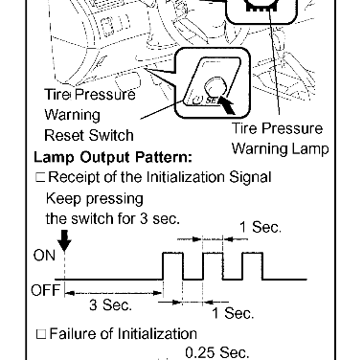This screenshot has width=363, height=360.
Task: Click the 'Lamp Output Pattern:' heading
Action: [113, 157]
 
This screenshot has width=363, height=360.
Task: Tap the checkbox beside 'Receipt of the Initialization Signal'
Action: [40, 177]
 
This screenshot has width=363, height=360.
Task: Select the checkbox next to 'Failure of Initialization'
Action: [41, 334]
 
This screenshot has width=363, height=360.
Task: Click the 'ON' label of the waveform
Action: [44, 256]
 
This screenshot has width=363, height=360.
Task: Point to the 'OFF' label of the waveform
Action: [45, 290]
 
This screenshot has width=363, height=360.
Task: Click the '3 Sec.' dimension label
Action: [110, 304]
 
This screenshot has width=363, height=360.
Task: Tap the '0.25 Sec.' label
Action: [217, 352]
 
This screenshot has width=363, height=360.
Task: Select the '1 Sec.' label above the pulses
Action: [261, 227]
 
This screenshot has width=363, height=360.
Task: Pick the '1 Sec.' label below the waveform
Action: [233, 313]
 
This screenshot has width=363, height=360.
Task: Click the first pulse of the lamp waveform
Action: [172, 253]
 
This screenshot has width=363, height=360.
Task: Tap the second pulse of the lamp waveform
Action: [213, 253]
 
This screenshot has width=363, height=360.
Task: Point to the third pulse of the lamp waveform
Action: [253, 253]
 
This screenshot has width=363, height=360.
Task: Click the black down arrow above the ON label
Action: [65, 240]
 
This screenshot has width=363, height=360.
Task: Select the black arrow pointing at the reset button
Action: [227, 105]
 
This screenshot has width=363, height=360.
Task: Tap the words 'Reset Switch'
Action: [89, 135]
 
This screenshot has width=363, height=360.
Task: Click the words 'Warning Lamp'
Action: [280, 149]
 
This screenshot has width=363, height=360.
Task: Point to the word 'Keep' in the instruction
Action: [63, 199]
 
